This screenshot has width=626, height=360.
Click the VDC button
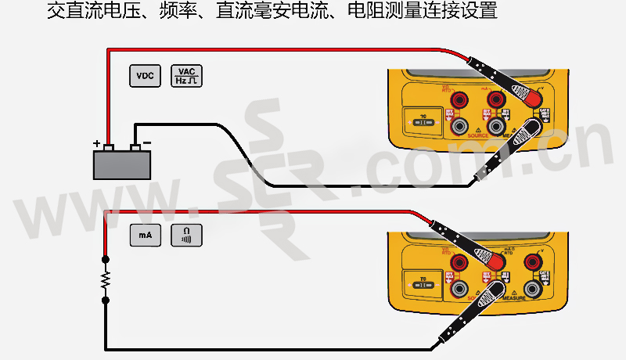coord(145,76)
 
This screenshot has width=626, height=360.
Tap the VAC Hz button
coord(186,76)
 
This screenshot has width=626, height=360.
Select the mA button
coord(145,234)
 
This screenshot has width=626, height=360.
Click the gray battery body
coord(122,164)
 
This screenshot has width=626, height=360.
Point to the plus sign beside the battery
coord(97,144)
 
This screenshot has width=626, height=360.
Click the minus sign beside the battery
coord(147,144)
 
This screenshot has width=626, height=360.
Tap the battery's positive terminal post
coord(110,147)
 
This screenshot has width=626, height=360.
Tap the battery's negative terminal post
coord(135,147)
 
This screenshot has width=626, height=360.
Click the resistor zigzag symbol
coord(106,279)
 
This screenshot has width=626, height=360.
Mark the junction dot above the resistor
coord(106,260)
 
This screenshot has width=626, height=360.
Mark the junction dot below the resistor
coord(106,299)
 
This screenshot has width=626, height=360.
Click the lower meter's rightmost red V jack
coord(535,261)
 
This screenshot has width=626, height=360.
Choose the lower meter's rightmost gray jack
coord(535,288)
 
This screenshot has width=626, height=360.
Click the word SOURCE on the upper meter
coord(477,136)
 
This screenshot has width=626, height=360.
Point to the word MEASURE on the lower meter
coord(513,298)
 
